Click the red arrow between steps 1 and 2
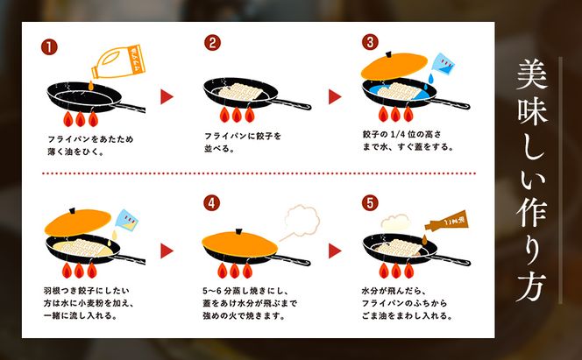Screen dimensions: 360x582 166,96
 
